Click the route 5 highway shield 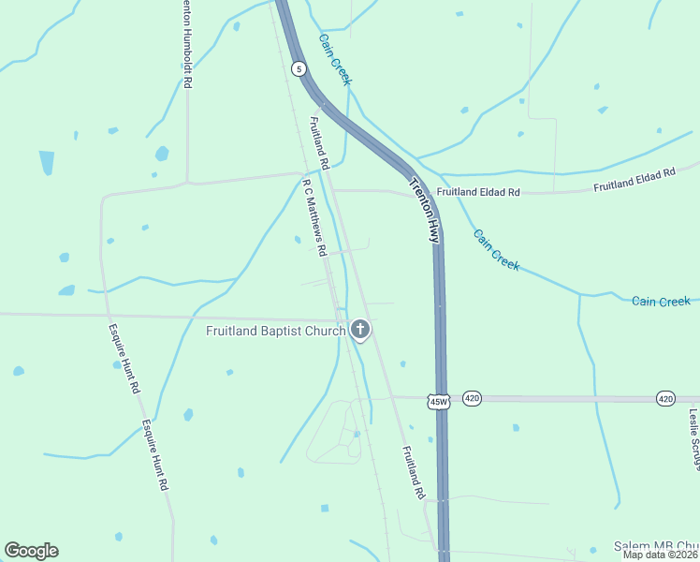click(x=298, y=68)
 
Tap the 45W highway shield click(x=440, y=401)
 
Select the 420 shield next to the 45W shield click(x=472, y=397)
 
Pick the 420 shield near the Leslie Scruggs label click(x=665, y=398)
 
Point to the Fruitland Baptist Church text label click(x=276, y=331)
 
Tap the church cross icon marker click(x=360, y=330)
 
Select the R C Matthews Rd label click(x=314, y=216)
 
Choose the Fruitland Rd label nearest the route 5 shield click(x=319, y=142)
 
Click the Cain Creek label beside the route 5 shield click(x=335, y=59)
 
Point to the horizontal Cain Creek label click(x=661, y=301)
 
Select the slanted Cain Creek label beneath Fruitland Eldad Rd click(x=495, y=250)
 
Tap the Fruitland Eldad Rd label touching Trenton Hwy click(x=477, y=192)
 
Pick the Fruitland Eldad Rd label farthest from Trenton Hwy click(x=634, y=181)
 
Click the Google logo click(x=31, y=551)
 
